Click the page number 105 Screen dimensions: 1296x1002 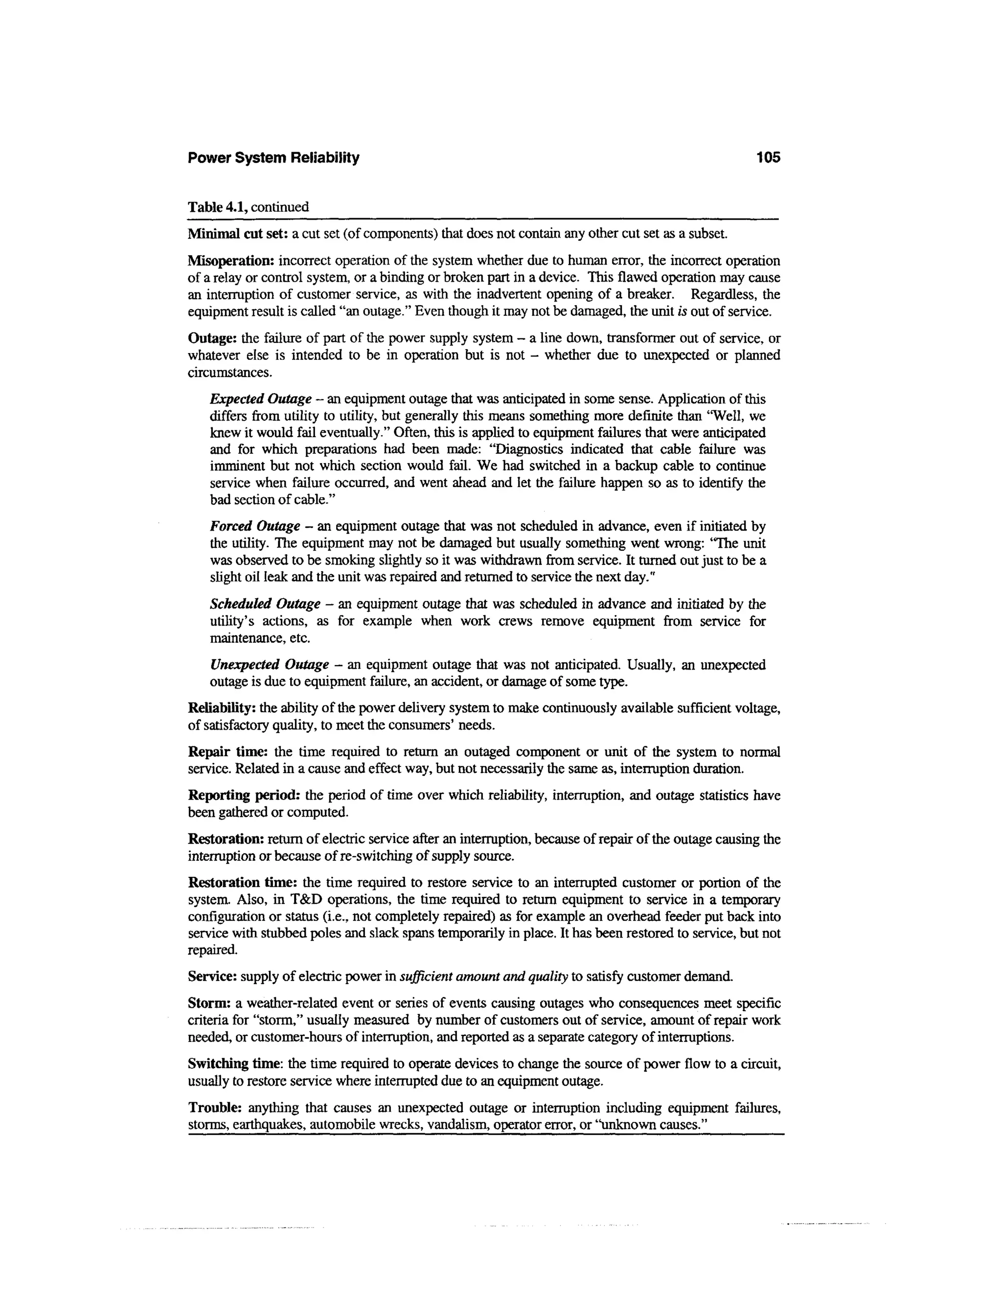coord(768,158)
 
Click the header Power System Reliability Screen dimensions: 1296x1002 coord(273,158)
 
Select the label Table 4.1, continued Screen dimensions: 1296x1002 coord(248,207)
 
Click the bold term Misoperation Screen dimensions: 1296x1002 coord(231,261)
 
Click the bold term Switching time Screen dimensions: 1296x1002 coord(235,1063)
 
